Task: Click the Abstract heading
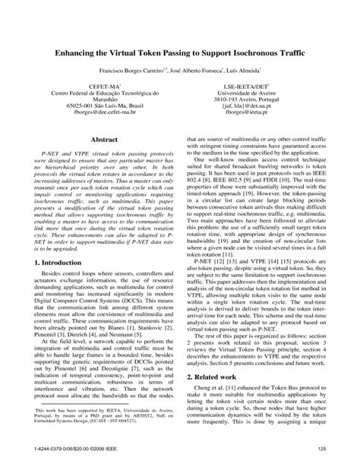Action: click(103, 140)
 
